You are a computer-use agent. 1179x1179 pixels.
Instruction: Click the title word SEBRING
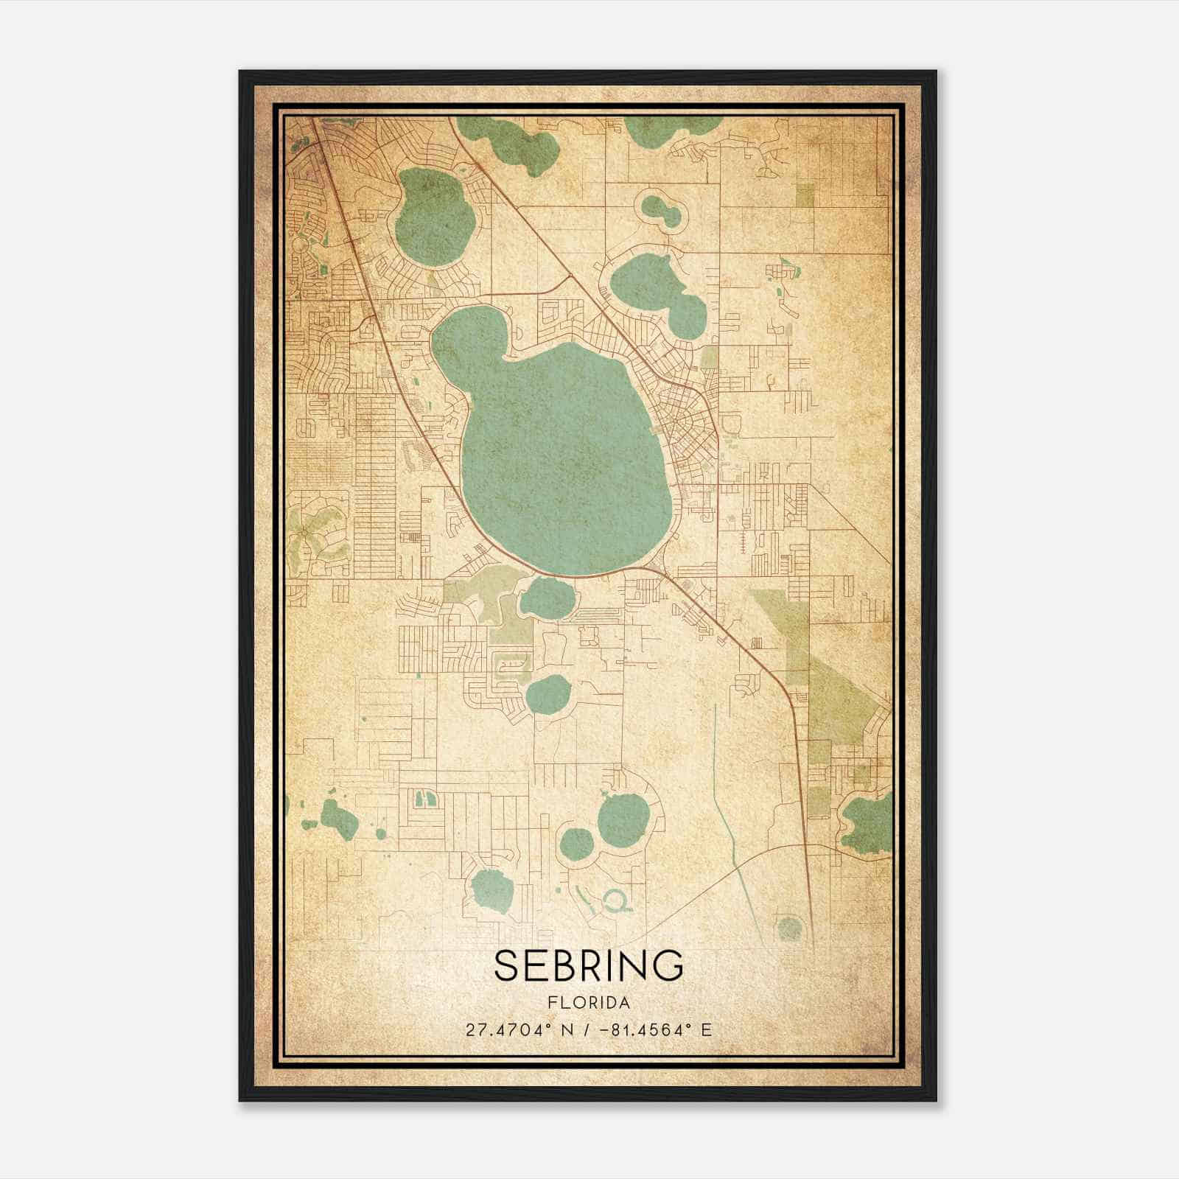(589, 966)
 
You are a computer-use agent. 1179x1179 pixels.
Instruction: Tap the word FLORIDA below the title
(589, 1003)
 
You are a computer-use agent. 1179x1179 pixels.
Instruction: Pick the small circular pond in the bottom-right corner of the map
(789, 928)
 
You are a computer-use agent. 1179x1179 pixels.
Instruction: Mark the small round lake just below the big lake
(545, 598)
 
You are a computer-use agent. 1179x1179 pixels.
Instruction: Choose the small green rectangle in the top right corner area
(805, 195)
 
